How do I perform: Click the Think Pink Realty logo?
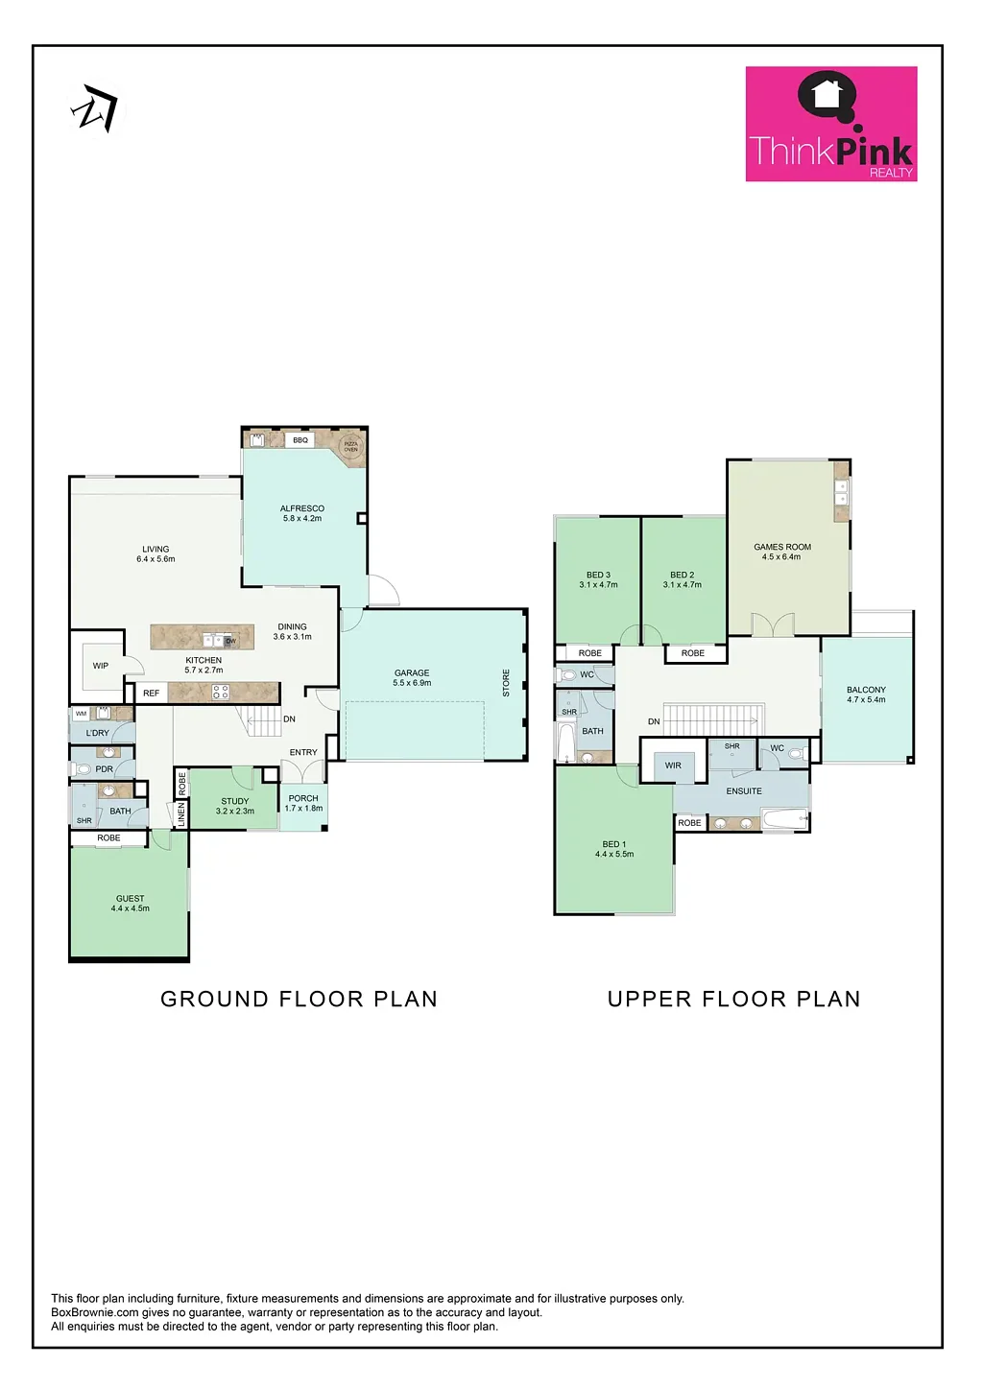(831, 124)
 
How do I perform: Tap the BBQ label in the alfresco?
(300, 440)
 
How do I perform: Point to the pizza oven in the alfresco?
(351, 446)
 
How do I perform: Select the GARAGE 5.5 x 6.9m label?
(412, 678)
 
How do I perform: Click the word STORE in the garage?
(506, 683)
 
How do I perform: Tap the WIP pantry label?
(101, 666)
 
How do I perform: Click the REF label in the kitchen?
(151, 694)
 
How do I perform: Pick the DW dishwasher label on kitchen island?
(230, 641)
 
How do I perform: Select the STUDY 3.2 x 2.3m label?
(235, 806)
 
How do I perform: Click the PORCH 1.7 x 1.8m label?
(303, 803)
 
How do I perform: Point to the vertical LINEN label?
(180, 815)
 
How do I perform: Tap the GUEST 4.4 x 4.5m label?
(131, 904)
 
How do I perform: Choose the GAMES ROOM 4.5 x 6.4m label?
(782, 552)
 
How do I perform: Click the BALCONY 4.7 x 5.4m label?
(866, 694)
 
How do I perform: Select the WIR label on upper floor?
(673, 765)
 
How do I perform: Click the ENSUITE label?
(744, 791)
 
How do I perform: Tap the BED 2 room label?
(683, 579)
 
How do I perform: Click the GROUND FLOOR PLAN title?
(299, 999)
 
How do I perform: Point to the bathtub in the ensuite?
(784, 820)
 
